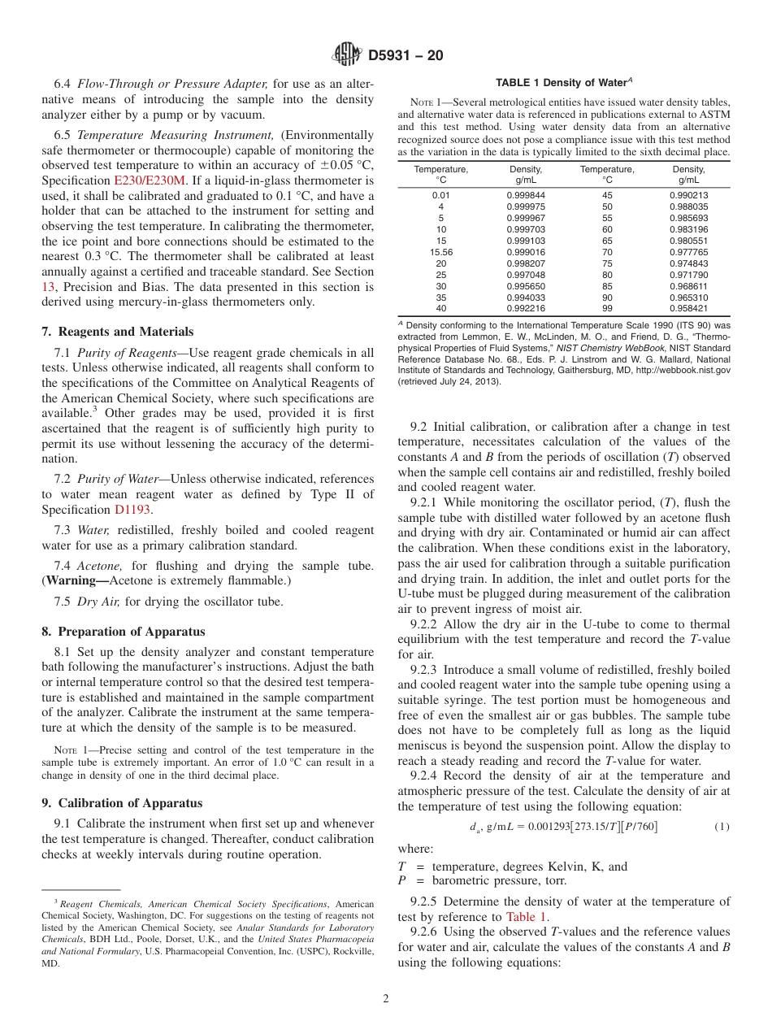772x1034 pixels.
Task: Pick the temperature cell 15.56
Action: (x=440, y=253)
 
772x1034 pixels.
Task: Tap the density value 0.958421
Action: (x=688, y=309)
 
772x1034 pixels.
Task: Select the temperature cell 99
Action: (x=607, y=309)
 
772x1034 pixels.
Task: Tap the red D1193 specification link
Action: (x=132, y=510)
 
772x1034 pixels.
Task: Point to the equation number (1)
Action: (x=722, y=827)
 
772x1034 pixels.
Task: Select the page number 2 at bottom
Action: (x=386, y=999)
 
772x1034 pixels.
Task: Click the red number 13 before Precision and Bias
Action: (x=48, y=286)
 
